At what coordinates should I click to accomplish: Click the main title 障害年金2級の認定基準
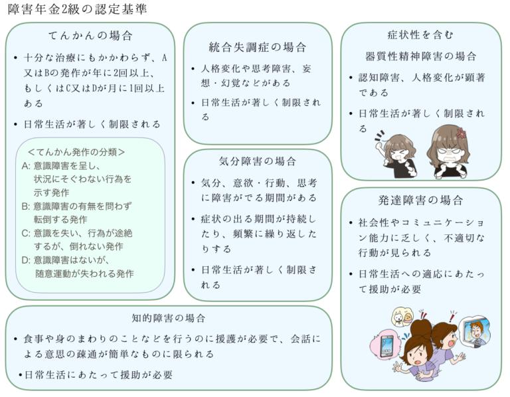point(78,9)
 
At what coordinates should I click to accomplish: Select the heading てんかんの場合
point(90,36)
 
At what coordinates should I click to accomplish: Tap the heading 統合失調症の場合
point(258,47)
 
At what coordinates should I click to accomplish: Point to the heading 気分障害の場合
point(258,161)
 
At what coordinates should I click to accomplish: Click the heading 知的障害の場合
point(169,319)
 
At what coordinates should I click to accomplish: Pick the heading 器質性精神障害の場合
point(421,56)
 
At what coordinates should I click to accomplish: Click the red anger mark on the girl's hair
point(461,132)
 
